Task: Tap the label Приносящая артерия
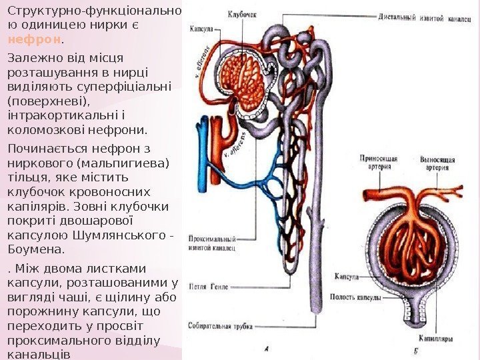379,163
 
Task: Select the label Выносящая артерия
438,163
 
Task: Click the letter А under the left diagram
267,348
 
